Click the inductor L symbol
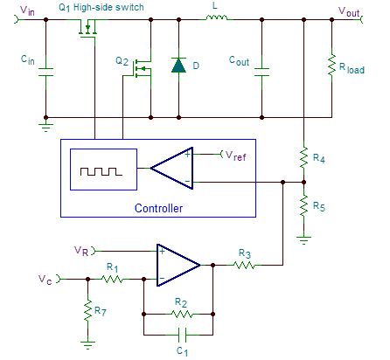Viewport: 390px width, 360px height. [x=216, y=17]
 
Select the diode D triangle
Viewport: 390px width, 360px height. [x=178, y=65]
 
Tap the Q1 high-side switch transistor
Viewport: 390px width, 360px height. [x=87, y=29]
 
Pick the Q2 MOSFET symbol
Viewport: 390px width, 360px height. [x=143, y=69]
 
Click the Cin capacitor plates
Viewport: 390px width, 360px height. [x=45, y=72]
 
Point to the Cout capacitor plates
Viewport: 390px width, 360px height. [x=261, y=72]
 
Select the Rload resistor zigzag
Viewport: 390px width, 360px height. [x=331, y=65]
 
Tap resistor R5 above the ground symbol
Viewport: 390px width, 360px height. [x=303, y=205]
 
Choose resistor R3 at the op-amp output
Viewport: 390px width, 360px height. [x=244, y=265]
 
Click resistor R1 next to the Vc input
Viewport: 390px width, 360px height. [x=112, y=279]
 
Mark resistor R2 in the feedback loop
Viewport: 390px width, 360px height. [x=182, y=314]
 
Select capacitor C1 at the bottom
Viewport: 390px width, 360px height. [x=182, y=335]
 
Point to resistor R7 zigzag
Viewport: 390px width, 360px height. [x=87, y=310]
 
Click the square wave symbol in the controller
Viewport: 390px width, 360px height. [x=101, y=171]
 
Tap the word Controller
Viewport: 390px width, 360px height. [x=158, y=208]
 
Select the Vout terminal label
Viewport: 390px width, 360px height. [x=349, y=11]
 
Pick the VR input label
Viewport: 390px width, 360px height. [x=81, y=251]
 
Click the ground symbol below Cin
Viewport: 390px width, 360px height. [x=45, y=125]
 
